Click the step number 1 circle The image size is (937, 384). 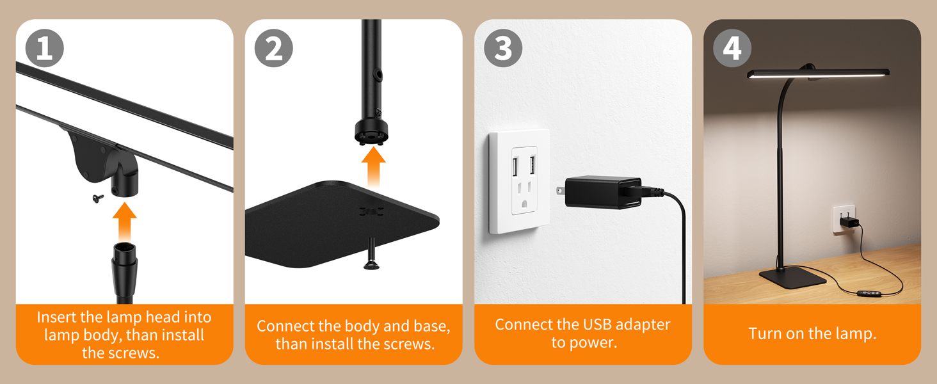44,48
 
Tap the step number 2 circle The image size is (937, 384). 273,48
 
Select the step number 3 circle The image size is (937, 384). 503,48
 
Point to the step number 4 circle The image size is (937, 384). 732,48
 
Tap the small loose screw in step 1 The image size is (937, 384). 96,198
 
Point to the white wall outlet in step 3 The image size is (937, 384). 520,181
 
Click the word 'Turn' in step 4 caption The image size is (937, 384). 765,333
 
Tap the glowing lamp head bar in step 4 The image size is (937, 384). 818,74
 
